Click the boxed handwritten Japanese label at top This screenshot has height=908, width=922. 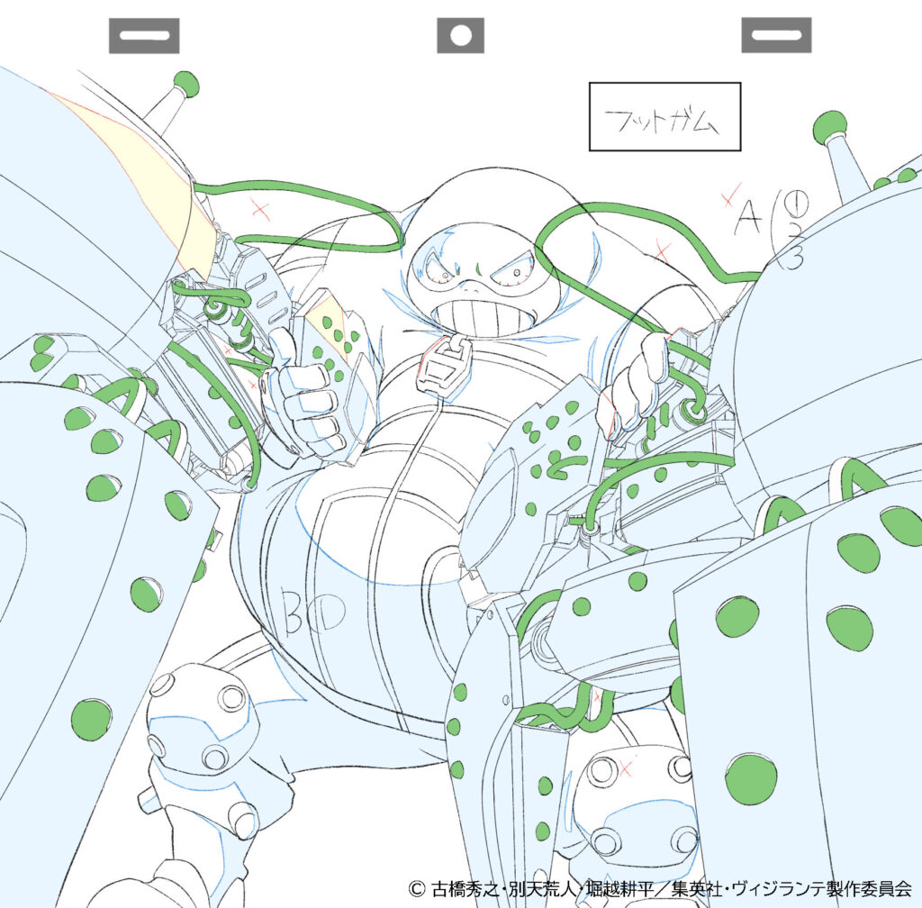click(664, 117)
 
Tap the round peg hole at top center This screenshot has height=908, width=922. click(460, 36)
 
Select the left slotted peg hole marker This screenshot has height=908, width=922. click(144, 36)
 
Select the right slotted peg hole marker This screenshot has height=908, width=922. click(776, 36)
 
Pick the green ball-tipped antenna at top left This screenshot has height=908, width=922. click(185, 84)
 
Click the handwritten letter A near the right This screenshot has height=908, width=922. click(747, 216)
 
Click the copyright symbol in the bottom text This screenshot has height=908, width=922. click(416, 887)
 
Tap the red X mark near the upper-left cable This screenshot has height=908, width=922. click(261, 211)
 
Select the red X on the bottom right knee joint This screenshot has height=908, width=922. click(623, 767)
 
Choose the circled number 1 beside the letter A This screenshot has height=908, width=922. click(776, 197)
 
